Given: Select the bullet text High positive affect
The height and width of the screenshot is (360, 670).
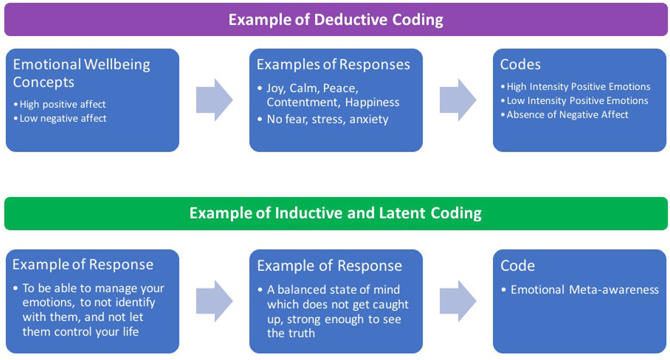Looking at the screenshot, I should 62,105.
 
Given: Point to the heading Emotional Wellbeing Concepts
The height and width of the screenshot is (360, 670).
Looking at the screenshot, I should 81,73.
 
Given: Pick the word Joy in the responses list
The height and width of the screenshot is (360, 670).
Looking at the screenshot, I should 275,89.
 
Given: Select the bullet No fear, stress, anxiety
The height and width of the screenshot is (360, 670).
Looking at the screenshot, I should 327,120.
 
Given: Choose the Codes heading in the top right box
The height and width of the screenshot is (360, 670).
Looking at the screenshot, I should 520,65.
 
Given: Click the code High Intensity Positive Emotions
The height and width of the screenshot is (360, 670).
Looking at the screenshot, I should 578,87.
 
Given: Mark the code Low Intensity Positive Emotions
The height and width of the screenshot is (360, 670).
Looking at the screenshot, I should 577,101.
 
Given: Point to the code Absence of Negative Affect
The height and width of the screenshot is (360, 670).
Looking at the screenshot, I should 567,115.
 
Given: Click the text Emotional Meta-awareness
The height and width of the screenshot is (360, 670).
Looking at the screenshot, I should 584,290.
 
